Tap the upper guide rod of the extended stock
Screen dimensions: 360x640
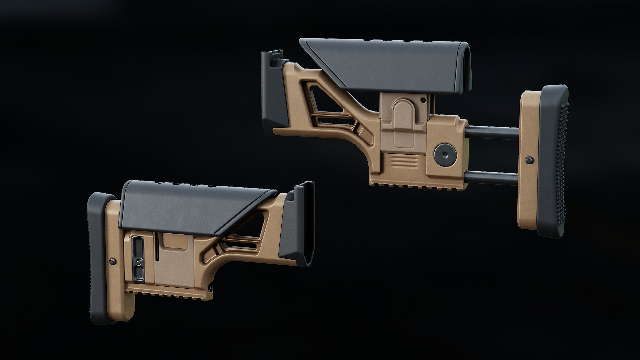(493, 131)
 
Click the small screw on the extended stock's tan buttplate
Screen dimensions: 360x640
(528, 160)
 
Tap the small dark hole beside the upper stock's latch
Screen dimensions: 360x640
(423, 99)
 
